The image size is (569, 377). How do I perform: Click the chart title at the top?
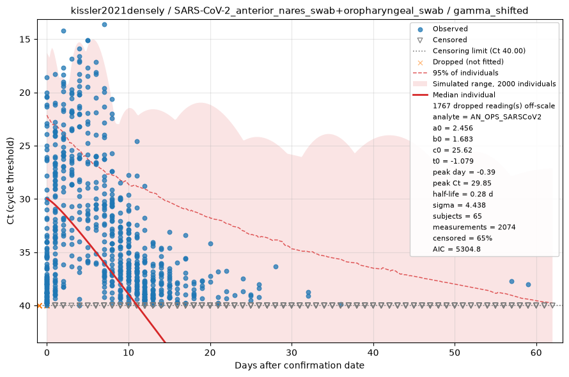299,10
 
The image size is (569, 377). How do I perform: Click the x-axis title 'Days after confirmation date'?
299,365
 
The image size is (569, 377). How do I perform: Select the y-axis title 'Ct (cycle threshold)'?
10,181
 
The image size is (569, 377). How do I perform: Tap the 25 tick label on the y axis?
26,146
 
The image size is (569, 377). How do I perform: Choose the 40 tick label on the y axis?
26,306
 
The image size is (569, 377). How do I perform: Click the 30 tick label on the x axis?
292,352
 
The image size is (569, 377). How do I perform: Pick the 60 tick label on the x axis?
536,352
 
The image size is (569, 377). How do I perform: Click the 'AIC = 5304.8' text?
456,249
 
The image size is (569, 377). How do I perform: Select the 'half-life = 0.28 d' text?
463,194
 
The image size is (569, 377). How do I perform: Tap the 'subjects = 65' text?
457,216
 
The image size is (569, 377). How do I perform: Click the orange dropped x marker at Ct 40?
40,306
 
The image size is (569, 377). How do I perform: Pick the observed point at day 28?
276,266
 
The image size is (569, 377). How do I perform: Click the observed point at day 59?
528,285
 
